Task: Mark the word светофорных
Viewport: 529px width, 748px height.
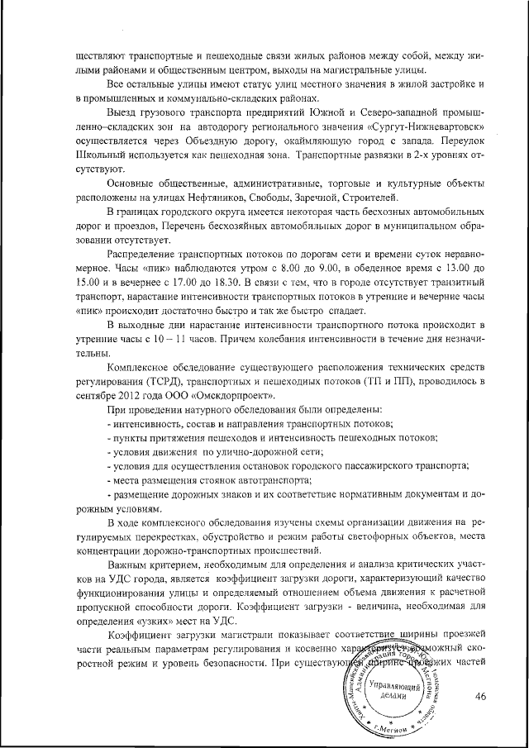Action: [x=366, y=535]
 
